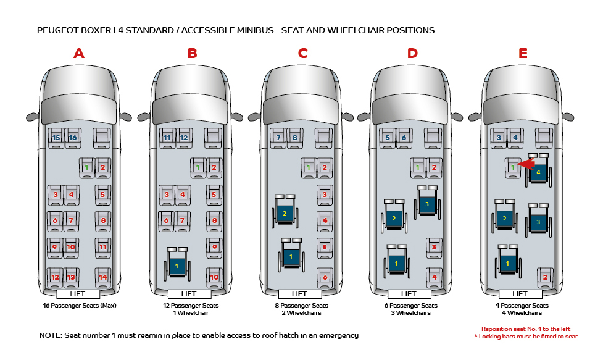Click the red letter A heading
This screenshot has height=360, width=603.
(78, 53)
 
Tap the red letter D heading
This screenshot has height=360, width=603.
(412, 53)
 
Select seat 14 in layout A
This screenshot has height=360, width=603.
(102, 277)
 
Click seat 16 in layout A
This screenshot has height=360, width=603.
(73, 137)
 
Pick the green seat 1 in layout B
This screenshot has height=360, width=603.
(198, 167)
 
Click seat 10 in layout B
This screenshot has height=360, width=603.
(214, 277)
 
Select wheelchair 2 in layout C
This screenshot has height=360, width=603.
(285, 212)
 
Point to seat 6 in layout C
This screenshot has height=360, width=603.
(325, 277)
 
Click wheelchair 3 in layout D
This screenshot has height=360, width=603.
(426, 203)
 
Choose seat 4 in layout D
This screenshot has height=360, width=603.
(435, 277)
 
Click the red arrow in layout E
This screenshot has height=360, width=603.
(525, 164)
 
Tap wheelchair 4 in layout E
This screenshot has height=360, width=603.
(539, 171)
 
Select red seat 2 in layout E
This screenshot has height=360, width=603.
(544, 277)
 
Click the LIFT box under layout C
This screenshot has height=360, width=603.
(299, 294)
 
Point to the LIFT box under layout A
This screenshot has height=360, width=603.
(78, 294)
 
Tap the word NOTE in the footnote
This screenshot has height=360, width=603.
(50, 335)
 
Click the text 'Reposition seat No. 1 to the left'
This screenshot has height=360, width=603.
(529, 329)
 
